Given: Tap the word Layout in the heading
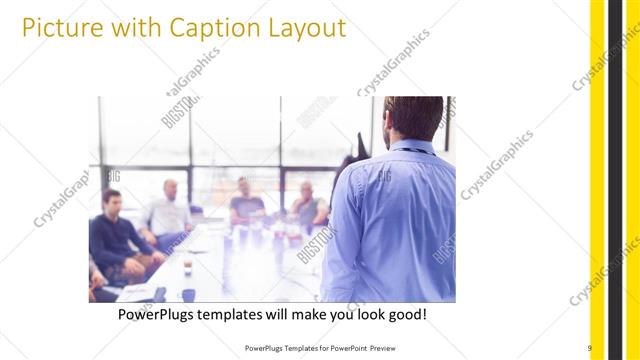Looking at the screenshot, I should pos(304,28).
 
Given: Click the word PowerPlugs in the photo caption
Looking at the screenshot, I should pos(158,315).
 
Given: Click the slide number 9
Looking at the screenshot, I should pos(590,347).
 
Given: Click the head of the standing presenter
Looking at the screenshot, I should pos(409,118).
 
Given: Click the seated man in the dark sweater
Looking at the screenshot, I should pos(112,235).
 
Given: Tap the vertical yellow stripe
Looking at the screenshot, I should pos(597,180).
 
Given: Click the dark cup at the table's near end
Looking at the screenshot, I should pos(187,294).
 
